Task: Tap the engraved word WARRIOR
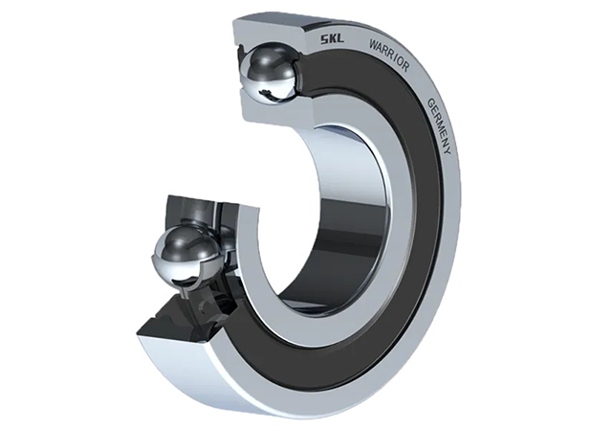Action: tap(389, 56)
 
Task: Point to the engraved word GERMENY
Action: tap(440, 125)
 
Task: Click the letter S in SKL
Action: tap(324, 40)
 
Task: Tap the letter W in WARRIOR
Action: tap(373, 44)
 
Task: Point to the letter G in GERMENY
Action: tap(431, 102)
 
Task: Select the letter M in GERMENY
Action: tap(442, 125)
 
